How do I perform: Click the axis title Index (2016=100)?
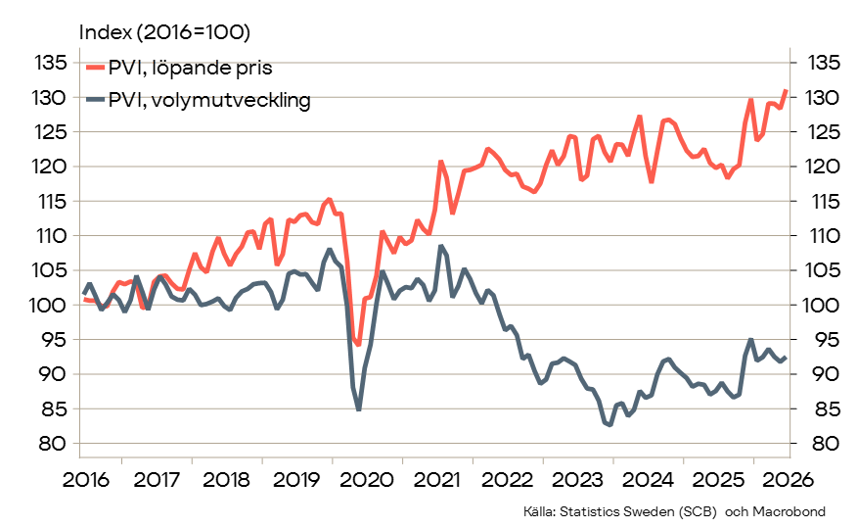pos(164,32)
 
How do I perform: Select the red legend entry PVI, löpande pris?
pos(179,68)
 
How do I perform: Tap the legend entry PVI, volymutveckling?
pos(199,100)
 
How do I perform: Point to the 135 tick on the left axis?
pos(51,63)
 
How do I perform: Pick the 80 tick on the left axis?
pos(53,443)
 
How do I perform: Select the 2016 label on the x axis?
pos(86,480)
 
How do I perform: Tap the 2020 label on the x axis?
pos(367,480)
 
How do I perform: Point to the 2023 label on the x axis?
pos(578,480)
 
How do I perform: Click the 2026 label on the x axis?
pos(789,480)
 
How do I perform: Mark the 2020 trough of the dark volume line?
pos(358,409)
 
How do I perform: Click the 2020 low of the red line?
pos(358,345)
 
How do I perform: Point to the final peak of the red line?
pos(786,90)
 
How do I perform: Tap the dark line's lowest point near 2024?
pos(609,424)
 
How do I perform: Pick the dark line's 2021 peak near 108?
pos(440,246)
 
